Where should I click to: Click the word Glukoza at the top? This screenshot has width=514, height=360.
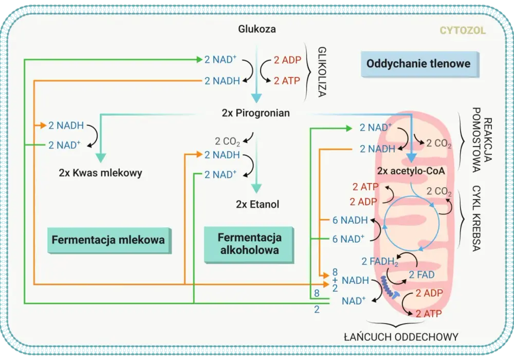tap(256, 29)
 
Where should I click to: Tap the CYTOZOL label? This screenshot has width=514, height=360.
tap(463, 30)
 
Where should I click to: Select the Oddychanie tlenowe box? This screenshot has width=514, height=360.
tap(419, 64)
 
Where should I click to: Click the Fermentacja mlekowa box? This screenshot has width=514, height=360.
tap(109, 240)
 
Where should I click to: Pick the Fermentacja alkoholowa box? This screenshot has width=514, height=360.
tap(249, 245)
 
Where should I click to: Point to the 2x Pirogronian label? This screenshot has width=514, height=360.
tap(255, 113)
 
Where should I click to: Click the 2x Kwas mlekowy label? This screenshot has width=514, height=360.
tap(100, 173)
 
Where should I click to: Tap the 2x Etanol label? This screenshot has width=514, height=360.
tap(258, 204)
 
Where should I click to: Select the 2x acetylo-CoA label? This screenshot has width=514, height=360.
tap(411, 171)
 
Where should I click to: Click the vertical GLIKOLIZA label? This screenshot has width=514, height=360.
tap(322, 72)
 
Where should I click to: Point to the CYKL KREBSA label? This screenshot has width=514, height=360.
tap(476, 219)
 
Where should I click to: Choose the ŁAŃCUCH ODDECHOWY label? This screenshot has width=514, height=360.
tap(401, 337)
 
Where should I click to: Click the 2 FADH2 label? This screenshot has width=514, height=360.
tap(380, 262)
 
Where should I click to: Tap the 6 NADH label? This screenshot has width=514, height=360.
tap(350, 220)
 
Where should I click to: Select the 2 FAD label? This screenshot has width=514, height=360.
tap(421, 275)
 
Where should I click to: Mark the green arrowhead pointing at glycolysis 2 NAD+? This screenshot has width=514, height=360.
tap(199, 59)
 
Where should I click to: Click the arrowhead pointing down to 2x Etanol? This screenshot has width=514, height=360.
tap(256, 188)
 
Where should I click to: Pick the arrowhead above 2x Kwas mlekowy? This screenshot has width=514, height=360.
tap(100, 158)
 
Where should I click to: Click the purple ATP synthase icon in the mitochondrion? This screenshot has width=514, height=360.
tap(390, 287)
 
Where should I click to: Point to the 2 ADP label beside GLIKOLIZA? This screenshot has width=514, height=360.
tap(287, 60)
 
